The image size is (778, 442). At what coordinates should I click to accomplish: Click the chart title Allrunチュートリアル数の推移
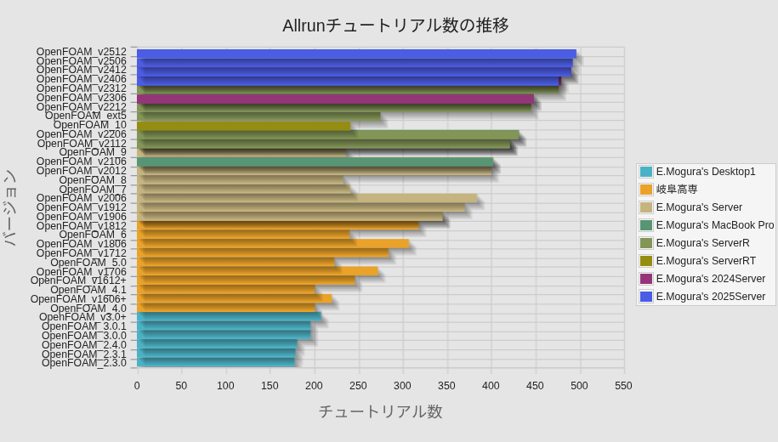coord(395,25)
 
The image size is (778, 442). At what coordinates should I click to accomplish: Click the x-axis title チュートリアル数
coord(380,411)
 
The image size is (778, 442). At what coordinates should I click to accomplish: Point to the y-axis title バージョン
coord(10,207)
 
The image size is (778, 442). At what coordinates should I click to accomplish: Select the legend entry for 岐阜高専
coord(677,190)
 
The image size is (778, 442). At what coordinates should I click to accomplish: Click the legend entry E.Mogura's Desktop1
coord(706,172)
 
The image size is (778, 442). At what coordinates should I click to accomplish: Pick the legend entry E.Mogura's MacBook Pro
coord(715,225)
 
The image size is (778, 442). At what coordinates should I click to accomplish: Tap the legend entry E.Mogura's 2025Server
coord(711,297)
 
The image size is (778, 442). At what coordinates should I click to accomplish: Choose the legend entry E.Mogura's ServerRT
coord(706,261)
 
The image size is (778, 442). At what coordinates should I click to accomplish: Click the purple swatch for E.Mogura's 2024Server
coord(646,279)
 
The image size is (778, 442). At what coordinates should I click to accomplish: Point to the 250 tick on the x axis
coord(358,386)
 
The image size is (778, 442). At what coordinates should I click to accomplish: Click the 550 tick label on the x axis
coord(623,386)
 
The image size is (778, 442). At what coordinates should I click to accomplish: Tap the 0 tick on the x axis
coord(137,386)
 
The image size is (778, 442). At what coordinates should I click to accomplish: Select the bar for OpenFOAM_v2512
coord(356,54)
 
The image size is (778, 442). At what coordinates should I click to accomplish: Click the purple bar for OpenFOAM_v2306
coord(335,99)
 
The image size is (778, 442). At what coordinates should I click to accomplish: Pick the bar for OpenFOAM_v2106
coord(315,161)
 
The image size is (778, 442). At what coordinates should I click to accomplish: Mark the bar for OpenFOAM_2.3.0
coord(216,363)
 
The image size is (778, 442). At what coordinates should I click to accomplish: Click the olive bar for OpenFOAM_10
coord(243,126)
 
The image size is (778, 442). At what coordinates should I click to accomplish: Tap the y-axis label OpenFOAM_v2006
coord(82,198)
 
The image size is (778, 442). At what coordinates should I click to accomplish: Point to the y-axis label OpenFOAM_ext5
coord(86,116)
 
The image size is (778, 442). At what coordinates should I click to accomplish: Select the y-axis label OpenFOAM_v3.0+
coord(82,317)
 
